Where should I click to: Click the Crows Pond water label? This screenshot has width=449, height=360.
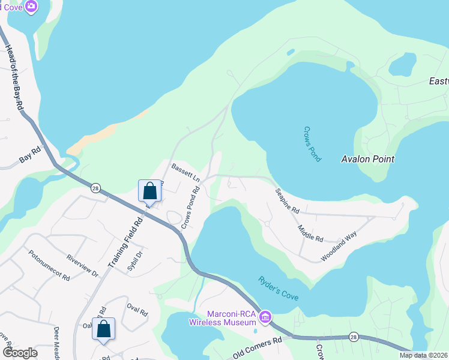point(312,143)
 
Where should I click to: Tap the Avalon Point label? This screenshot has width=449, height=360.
point(367,159)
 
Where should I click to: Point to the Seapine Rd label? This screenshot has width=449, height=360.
point(287,201)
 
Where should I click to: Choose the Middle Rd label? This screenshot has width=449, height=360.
point(310,234)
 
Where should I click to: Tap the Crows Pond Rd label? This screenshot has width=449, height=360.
point(190,208)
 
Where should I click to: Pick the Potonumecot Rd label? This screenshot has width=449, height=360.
point(49,266)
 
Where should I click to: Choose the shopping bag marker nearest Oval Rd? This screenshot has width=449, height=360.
point(103,329)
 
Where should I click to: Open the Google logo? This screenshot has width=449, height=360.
point(20,352)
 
